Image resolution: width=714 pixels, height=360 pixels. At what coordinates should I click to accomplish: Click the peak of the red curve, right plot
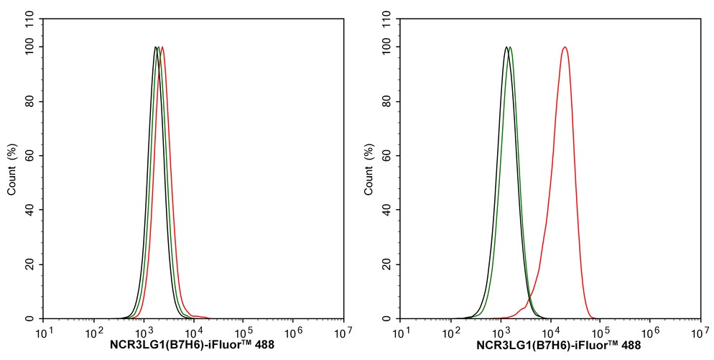coord(565,47)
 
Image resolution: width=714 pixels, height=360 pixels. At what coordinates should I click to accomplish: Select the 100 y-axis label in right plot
coord(386,47)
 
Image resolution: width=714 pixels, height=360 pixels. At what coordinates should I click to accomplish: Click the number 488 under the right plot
coord(630,346)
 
